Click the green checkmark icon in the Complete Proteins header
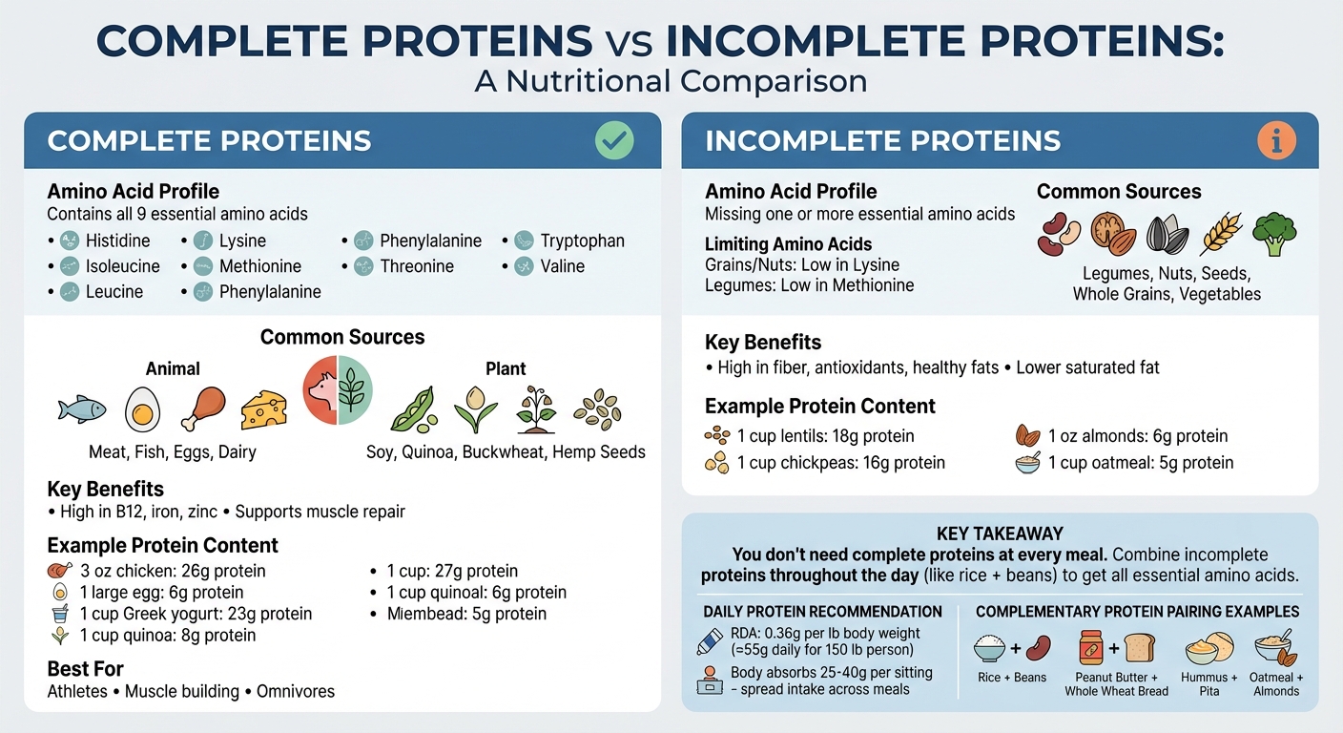614,141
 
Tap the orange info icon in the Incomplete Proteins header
1276,141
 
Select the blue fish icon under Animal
81,409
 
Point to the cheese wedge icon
263,409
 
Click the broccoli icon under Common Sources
1273,234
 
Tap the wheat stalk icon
1221,234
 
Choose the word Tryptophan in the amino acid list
582,241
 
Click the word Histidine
117,241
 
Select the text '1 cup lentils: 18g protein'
825,436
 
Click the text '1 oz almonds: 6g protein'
1137,436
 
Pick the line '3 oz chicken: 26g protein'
173,571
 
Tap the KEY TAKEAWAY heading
1000,534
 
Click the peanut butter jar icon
1092,649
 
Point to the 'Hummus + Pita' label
1210,684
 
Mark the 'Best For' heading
86,668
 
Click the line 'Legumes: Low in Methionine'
809,284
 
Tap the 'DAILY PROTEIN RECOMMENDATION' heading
822,612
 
